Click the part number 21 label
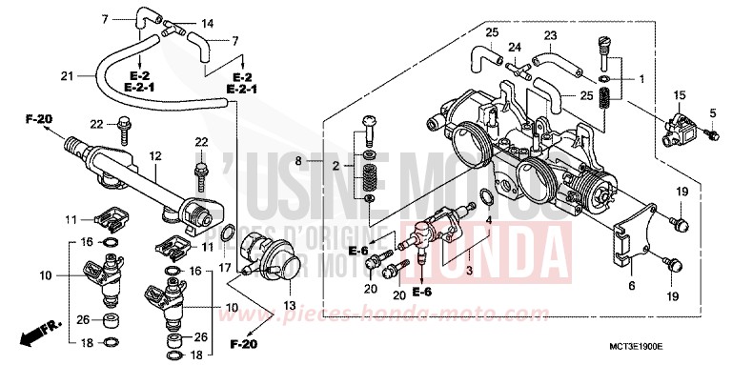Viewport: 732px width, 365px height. (66, 76)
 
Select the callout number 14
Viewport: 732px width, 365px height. (208, 22)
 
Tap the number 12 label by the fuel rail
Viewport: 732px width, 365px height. (154, 155)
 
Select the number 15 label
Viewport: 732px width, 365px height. (680, 96)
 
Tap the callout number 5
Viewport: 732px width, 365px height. (711, 114)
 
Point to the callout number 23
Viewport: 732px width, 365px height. (549, 35)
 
